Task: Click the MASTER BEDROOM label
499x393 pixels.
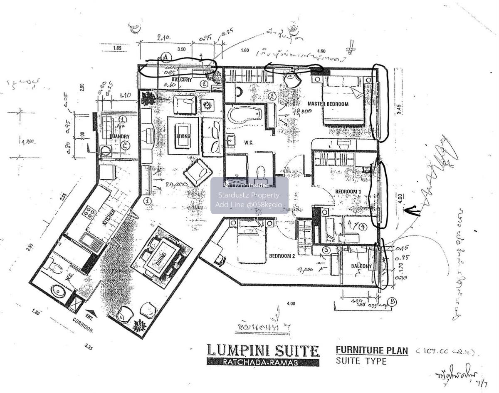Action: click(328, 104)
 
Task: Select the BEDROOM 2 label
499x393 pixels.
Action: click(282, 256)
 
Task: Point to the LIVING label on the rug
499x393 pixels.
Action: click(183, 136)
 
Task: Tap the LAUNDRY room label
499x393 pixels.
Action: click(120, 136)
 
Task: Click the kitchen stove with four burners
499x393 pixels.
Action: click(89, 213)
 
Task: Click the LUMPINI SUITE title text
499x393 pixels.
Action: click(263, 351)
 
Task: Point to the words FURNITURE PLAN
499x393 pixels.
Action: click(372, 350)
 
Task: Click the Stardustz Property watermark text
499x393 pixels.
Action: click(249, 195)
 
